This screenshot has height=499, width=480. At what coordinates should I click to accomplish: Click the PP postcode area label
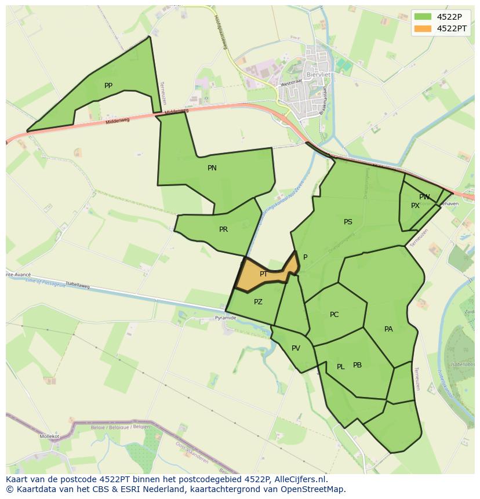click(x=108, y=86)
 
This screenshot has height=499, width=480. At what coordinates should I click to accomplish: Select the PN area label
click(x=212, y=168)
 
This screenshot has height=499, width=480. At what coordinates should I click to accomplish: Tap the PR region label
click(x=223, y=230)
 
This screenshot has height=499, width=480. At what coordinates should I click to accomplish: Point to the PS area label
click(x=348, y=222)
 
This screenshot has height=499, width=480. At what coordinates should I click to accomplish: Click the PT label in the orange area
click(x=264, y=274)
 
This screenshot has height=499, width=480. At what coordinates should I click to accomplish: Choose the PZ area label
click(x=258, y=302)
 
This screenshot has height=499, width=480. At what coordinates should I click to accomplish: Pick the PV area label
click(x=296, y=348)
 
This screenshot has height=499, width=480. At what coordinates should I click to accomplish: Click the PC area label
click(x=334, y=315)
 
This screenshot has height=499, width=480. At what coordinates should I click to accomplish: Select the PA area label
click(x=388, y=329)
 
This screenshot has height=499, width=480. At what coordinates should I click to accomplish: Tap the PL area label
click(x=341, y=367)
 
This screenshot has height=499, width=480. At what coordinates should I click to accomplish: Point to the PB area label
click(x=357, y=365)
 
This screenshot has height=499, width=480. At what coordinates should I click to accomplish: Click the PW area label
click(x=424, y=197)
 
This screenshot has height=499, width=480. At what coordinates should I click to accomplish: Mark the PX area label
click(x=415, y=206)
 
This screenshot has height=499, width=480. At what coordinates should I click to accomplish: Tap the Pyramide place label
click(x=226, y=318)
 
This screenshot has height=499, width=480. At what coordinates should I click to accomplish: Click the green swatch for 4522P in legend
click(x=423, y=16)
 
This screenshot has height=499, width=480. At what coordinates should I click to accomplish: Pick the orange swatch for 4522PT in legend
click(x=423, y=28)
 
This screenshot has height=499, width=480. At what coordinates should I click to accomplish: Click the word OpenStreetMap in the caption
click(x=314, y=489)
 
